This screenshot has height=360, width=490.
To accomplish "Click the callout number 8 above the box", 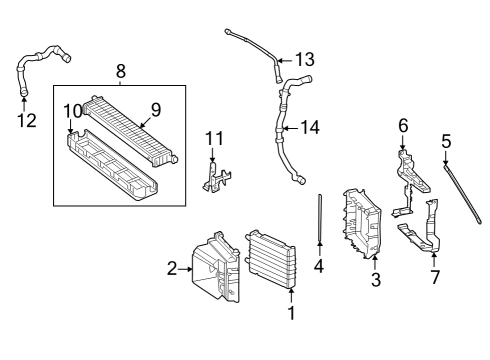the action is [x=121, y=71].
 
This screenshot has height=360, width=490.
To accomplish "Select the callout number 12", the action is [x=27, y=120].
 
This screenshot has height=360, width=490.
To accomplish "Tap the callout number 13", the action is [x=305, y=59].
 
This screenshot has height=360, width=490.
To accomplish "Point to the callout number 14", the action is [x=310, y=128].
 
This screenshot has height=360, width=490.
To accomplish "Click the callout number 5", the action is [x=446, y=141].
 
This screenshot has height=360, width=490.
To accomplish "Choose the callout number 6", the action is [x=403, y=126].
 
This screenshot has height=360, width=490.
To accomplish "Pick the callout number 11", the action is [x=214, y=138].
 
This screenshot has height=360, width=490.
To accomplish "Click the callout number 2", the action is [x=172, y=269].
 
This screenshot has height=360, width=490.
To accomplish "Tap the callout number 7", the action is [x=435, y=277].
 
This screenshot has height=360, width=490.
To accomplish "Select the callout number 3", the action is [x=376, y=279].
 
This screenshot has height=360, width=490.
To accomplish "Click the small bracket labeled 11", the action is [x=217, y=177].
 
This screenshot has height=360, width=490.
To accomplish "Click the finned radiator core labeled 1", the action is [x=270, y=259].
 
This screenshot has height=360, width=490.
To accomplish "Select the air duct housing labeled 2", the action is [x=216, y=267].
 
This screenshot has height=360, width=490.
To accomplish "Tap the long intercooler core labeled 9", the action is [x=130, y=129].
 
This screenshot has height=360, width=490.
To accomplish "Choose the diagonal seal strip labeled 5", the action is [x=463, y=194].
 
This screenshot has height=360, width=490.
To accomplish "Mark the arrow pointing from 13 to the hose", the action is [x=285, y=60].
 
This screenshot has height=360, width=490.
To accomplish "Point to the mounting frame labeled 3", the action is [x=362, y=224].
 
